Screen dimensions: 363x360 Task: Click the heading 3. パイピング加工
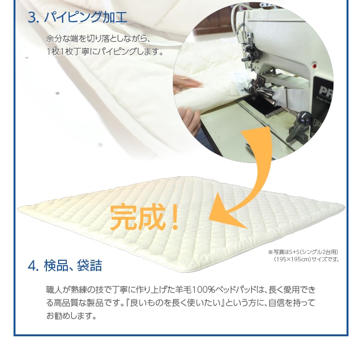pyautogui.click(x=77, y=17)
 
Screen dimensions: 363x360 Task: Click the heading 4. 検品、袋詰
pyautogui.click(x=65, y=265)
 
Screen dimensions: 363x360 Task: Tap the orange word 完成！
pyautogui.click(x=144, y=217)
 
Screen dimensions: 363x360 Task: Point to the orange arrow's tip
pyautogui.click(x=209, y=219)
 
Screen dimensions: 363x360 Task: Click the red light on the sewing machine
pyautogui.click(x=314, y=66)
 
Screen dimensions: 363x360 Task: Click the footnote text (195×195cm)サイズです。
pyautogui.click(x=306, y=259)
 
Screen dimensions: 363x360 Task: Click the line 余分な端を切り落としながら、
pyautogui.click(x=98, y=38)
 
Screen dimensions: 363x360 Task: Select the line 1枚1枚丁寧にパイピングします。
pyautogui.click(x=105, y=51)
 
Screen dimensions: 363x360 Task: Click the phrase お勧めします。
pyautogui.click(x=71, y=316)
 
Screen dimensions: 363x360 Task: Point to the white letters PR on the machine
pyautogui.click(x=325, y=90)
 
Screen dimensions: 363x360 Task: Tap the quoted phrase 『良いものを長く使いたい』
pyautogui.click(x=175, y=303)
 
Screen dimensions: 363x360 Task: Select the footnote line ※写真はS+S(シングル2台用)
pyautogui.click(x=303, y=252)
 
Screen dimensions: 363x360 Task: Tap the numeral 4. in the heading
pyautogui.click(x=33, y=266)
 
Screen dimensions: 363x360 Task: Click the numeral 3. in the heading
pyautogui.click(x=33, y=18)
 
